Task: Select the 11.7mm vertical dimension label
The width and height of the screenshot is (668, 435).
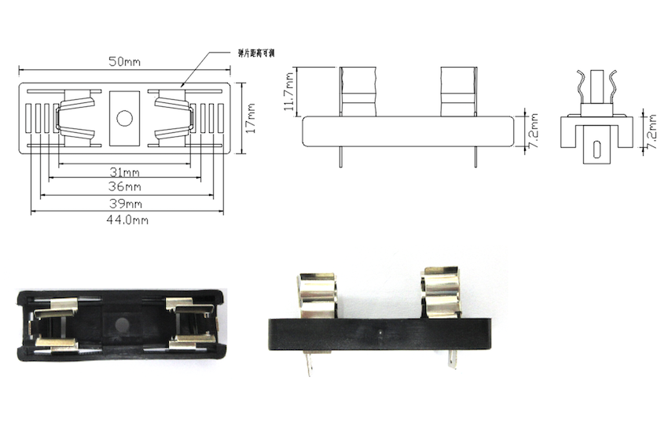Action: click(x=290, y=91)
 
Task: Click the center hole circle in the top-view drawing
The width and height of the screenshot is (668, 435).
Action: click(x=124, y=119)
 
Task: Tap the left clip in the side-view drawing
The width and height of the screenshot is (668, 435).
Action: click(x=358, y=91)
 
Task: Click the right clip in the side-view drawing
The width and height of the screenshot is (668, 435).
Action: click(x=458, y=91)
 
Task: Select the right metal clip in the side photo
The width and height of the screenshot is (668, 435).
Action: click(x=441, y=293)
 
